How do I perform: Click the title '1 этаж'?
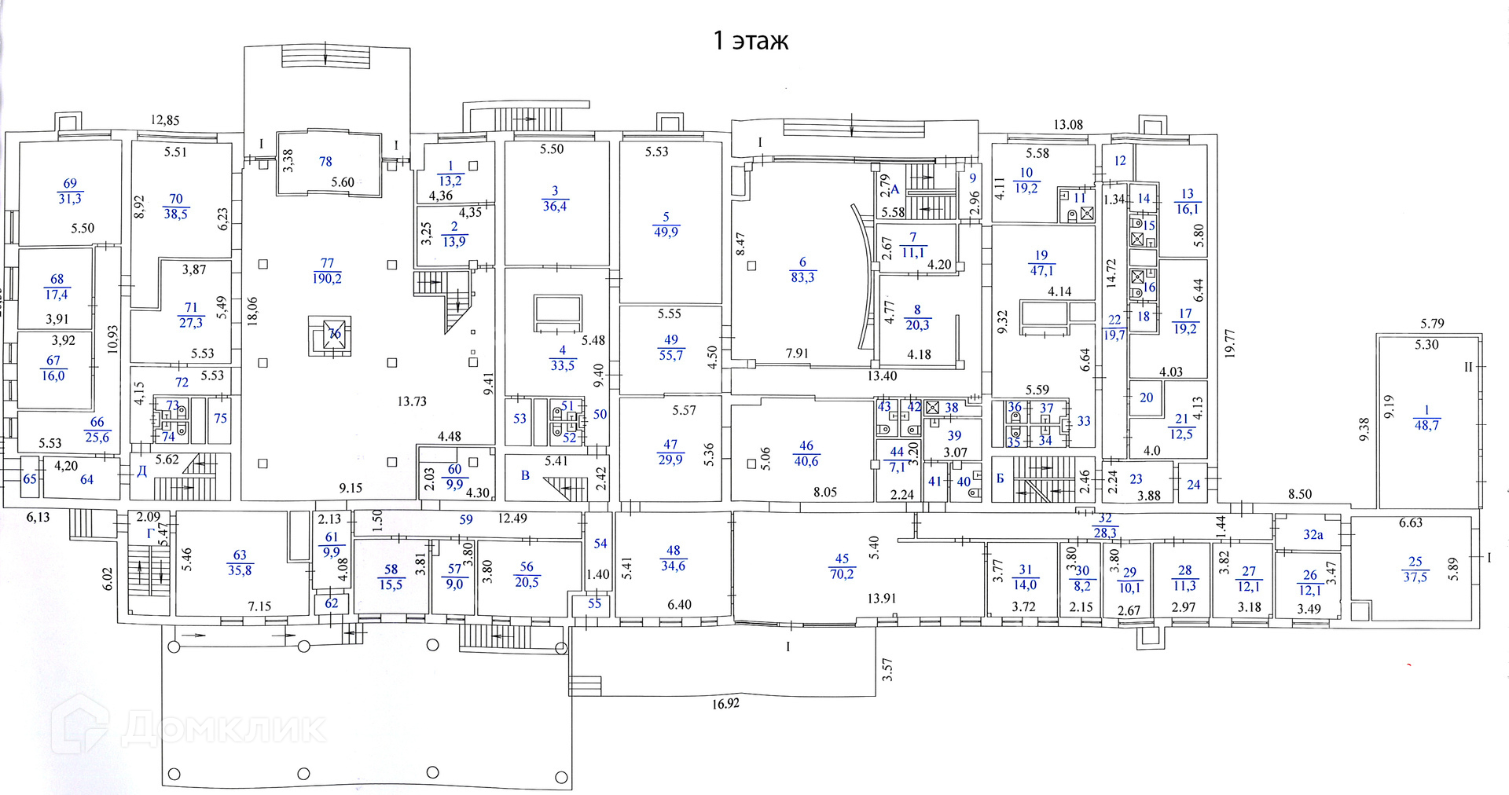tap(750, 40)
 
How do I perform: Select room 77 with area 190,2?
tap(327, 271)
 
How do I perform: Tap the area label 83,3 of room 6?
tap(802, 278)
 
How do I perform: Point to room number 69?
tap(70, 183)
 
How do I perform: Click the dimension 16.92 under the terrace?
tap(725, 704)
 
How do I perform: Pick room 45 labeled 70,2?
tap(842, 566)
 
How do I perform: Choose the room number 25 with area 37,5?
tap(1415, 562)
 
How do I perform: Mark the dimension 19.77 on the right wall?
tap(1230, 343)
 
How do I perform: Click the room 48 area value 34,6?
tap(673, 566)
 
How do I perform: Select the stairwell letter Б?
tap(1000, 478)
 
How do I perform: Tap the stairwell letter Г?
tap(150, 533)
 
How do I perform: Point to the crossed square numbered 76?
tap(336, 334)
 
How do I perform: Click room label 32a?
tap(1313, 535)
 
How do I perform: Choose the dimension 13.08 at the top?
tap(1068, 124)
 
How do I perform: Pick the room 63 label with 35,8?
tap(240, 563)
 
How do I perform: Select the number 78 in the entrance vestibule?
tap(325, 161)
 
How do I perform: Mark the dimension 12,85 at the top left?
tap(165, 120)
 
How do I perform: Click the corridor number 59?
tap(466, 519)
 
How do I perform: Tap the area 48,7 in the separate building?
tap(1426, 426)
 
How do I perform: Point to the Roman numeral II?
tap(1467, 367)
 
